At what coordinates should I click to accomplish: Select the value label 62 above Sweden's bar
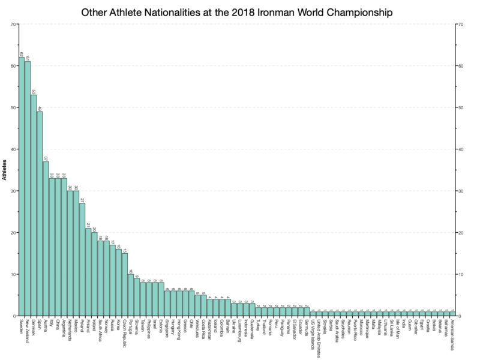[22, 53]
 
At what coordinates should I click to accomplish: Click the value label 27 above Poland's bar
[82, 199]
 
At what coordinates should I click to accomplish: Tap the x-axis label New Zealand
[28, 330]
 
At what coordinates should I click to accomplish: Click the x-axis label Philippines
[149, 329]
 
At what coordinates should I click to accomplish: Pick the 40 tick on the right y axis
[460, 149]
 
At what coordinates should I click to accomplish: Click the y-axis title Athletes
[5, 170]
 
